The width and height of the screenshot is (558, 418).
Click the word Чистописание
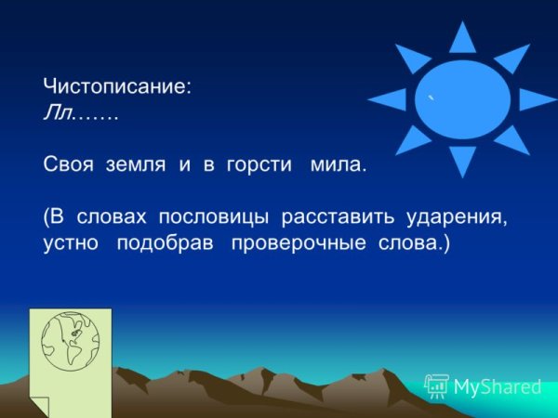pos(116,86)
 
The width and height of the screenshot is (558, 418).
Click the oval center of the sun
pos(462,99)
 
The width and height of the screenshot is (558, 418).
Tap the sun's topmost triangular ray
pos(462,39)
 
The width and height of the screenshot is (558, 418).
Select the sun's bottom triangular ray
pos(462,160)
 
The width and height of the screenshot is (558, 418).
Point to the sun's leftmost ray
pos(388,99)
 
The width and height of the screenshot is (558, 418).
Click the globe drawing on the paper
pos(71,342)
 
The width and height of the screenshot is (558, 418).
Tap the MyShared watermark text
pos(495,386)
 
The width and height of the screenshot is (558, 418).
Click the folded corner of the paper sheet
pos(39,405)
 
